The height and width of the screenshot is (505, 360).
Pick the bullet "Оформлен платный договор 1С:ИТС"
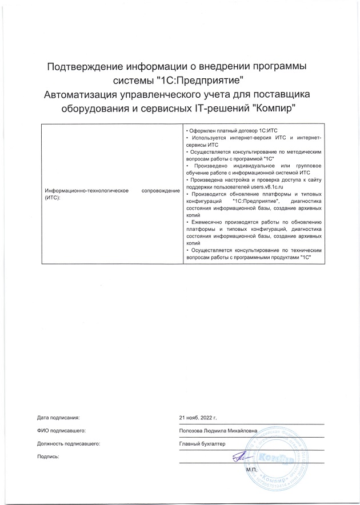[x=229, y=131]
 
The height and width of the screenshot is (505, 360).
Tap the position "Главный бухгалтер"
[x=203, y=444]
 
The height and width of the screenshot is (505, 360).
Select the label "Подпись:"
[x=47, y=457]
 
